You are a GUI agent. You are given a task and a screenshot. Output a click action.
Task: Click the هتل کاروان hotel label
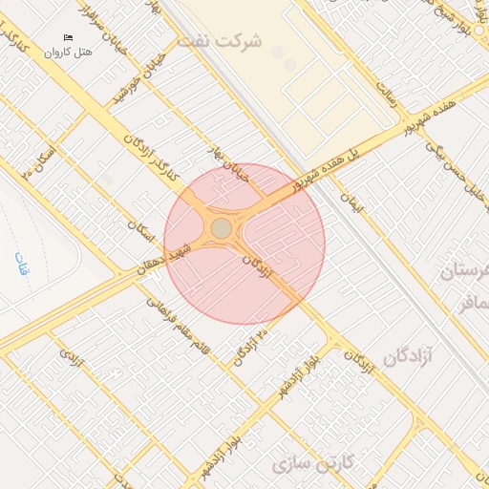point(68,51)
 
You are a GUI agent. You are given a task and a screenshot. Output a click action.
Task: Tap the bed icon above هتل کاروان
point(68,37)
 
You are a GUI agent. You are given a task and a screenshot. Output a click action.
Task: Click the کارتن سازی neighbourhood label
point(312,465)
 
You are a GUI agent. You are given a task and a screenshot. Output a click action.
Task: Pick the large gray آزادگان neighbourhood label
point(415,355)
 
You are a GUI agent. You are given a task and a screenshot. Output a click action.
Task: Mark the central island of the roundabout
point(221,228)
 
